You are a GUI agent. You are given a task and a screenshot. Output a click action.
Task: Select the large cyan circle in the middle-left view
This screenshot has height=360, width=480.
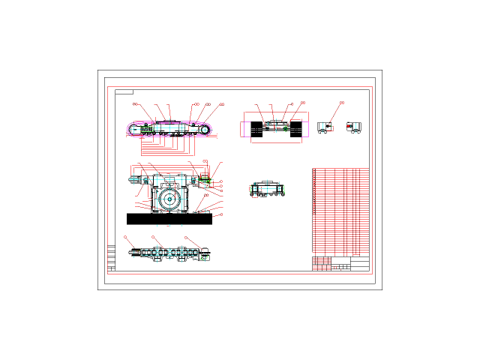(x=169, y=199)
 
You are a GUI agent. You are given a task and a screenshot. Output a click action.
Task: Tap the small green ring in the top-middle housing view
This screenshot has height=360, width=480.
(x=285, y=128)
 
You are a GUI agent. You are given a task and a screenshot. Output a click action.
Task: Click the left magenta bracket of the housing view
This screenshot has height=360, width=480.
(x=245, y=121)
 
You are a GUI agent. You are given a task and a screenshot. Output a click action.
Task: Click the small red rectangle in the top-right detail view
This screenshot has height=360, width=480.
(x=330, y=128)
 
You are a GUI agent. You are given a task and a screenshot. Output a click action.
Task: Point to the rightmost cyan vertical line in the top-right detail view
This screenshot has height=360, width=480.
(x=355, y=127)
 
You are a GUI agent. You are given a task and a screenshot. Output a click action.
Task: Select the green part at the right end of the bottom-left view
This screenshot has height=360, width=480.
(x=203, y=257)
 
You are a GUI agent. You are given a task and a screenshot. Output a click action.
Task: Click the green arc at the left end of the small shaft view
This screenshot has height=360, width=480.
(x=250, y=188)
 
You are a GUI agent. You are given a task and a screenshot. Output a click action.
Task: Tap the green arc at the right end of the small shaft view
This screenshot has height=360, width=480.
(x=283, y=188)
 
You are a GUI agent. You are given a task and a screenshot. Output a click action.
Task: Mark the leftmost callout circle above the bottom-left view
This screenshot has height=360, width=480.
(x=125, y=237)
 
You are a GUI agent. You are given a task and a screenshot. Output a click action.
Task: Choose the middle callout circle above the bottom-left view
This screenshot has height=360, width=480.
(x=153, y=237)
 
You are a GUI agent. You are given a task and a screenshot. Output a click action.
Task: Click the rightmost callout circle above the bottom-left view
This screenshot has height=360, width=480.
(x=185, y=238)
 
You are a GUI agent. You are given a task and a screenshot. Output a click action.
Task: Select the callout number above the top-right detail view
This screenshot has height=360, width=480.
(x=342, y=103)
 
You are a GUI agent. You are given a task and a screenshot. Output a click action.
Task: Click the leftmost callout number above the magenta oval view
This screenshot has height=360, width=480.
(x=136, y=104)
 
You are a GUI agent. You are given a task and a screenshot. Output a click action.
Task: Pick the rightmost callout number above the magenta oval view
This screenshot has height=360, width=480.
(x=221, y=104)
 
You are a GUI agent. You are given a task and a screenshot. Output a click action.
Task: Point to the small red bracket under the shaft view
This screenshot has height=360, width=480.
(x=254, y=196)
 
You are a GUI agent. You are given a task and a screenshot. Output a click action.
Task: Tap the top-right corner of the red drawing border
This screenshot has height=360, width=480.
(x=372, y=87)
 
